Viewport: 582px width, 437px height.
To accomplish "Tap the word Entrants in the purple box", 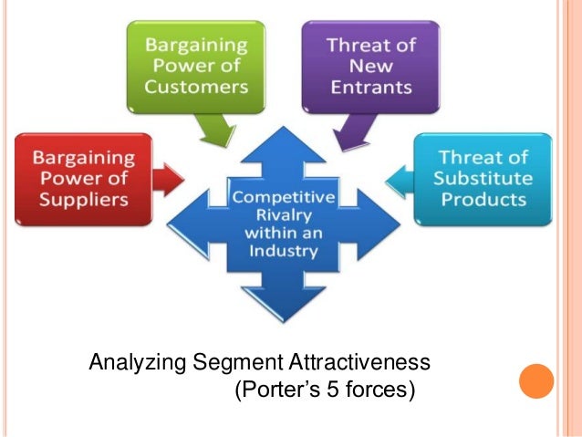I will (369, 88).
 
